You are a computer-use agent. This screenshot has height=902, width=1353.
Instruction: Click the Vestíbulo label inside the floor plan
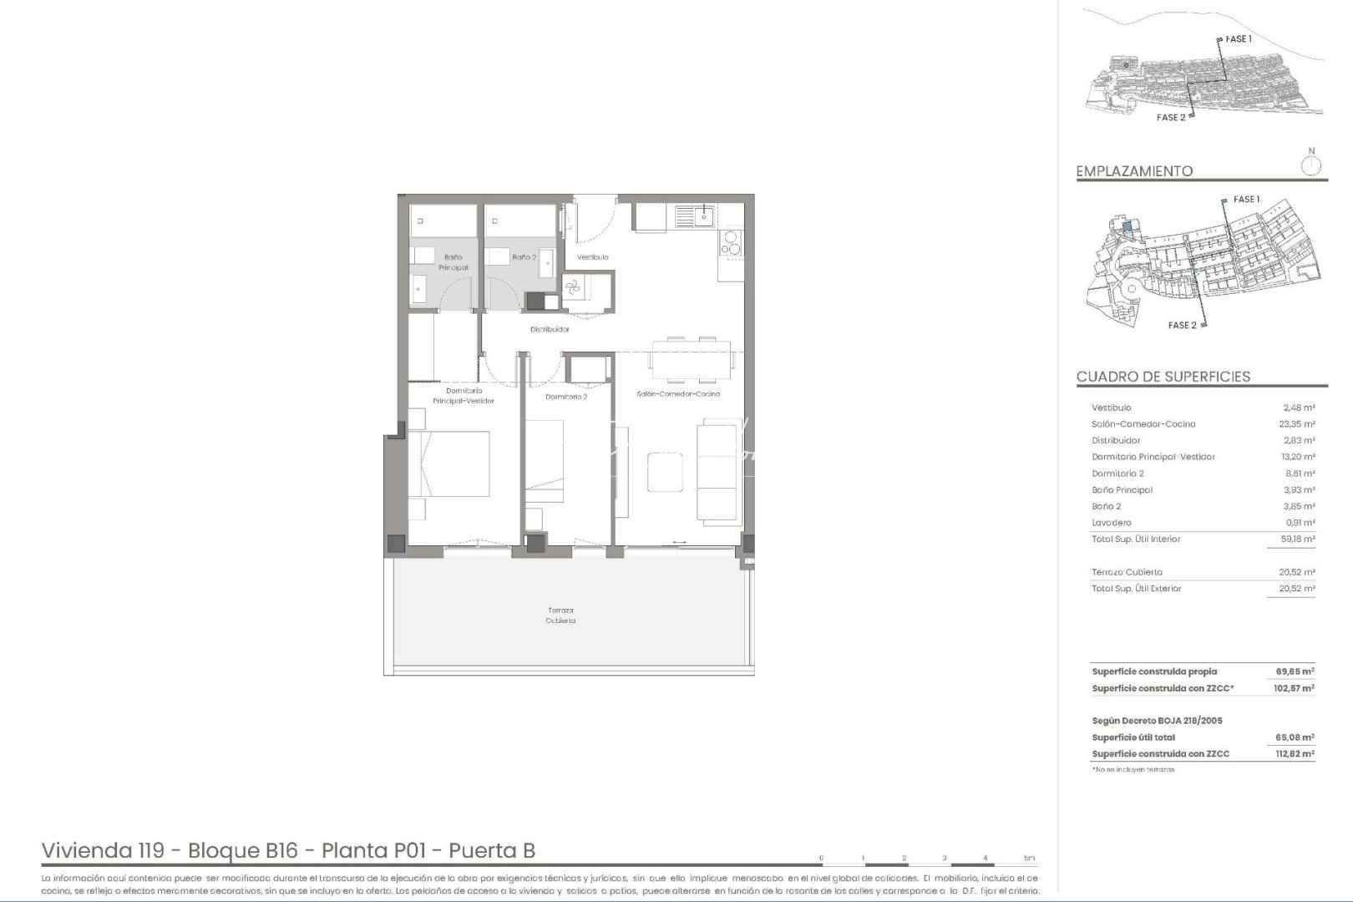click(x=592, y=257)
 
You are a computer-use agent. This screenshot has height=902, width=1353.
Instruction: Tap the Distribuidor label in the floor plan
click(x=550, y=329)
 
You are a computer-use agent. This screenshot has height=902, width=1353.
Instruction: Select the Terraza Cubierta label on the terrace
click(x=560, y=616)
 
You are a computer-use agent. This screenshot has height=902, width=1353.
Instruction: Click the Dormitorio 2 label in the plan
click(x=566, y=397)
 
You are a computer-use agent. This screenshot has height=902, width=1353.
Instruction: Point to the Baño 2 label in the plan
click(x=524, y=257)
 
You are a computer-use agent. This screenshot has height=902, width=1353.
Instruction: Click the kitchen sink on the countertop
click(x=695, y=216)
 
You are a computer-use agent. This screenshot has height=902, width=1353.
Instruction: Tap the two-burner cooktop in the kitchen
click(x=731, y=244)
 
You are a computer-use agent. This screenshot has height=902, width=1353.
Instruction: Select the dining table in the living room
click(x=692, y=353)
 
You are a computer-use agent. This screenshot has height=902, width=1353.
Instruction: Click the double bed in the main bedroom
click(x=448, y=464)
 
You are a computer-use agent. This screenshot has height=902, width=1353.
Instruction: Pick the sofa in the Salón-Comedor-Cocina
click(x=720, y=472)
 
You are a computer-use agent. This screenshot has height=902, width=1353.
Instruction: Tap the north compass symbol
click(x=1311, y=164)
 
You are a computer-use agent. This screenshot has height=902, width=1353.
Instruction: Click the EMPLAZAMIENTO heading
click(x=1134, y=171)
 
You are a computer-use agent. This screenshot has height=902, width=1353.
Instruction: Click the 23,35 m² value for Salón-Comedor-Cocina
click(x=1297, y=424)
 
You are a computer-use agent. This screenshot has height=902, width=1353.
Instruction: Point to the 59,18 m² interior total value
click(x=1297, y=540)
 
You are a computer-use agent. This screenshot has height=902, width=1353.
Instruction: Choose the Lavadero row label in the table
click(x=1111, y=523)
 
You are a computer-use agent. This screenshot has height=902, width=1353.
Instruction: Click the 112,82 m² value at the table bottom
click(x=1295, y=753)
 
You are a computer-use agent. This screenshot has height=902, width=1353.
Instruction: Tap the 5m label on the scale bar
click(x=1029, y=858)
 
